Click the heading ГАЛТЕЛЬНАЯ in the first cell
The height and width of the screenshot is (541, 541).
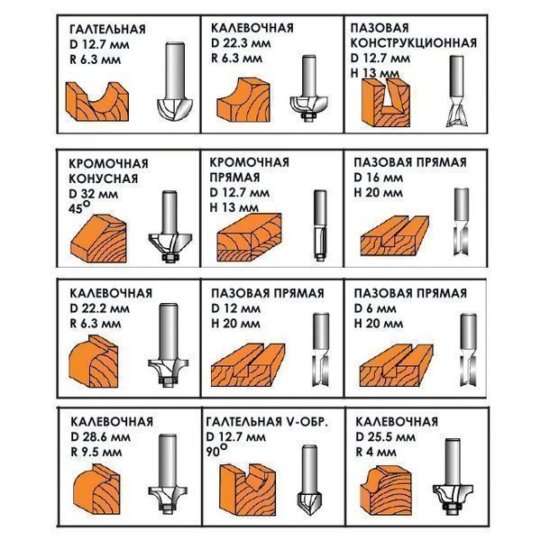107,30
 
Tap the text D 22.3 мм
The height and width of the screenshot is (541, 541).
241,43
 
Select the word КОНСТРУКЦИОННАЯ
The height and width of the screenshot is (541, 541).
414,43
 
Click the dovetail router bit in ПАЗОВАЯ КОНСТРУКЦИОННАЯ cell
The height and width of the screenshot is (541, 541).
456,91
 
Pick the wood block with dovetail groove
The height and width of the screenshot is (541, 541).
385,102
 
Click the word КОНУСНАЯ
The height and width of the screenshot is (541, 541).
104,179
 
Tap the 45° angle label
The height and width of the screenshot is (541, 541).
79,206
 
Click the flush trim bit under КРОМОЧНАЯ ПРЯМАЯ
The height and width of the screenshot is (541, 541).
319,226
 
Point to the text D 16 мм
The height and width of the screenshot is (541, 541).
378,178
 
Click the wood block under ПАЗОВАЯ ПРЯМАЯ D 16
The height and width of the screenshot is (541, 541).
395,236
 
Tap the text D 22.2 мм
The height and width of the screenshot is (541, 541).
100,308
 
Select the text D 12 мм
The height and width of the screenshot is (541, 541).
236,308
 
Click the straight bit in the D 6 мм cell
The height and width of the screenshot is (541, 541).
468,349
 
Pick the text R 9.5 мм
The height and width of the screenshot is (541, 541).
96,452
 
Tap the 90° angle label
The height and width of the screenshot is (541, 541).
217,451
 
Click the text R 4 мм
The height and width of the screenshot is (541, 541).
376,452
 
